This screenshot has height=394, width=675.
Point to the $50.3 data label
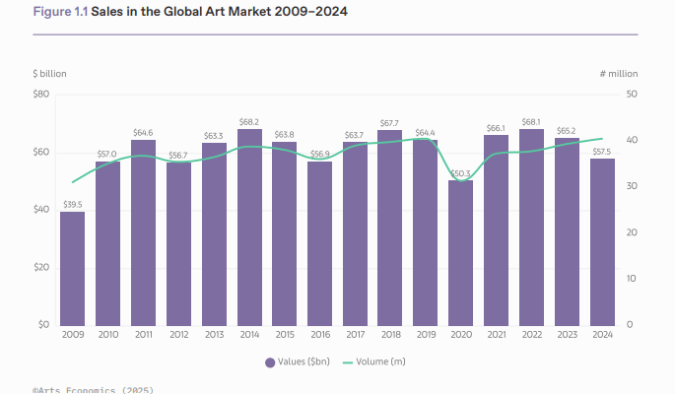click(460, 174)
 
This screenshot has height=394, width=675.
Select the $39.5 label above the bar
click(72, 205)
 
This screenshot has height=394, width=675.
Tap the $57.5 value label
click(602, 152)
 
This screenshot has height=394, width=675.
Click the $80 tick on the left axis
click(41, 95)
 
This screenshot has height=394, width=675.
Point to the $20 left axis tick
click(41, 267)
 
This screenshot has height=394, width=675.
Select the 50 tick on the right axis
click(632, 95)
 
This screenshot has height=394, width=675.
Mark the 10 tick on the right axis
click(632, 279)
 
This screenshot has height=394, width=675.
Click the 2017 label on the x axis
click(355, 335)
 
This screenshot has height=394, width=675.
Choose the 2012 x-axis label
click(178, 335)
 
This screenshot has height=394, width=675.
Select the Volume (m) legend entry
click(372, 362)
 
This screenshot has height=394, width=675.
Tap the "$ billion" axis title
click(49, 74)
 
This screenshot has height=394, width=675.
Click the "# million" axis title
click(619, 74)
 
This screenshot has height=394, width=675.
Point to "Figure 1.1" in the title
click(60, 12)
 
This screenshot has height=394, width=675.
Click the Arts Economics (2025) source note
click(93, 390)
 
